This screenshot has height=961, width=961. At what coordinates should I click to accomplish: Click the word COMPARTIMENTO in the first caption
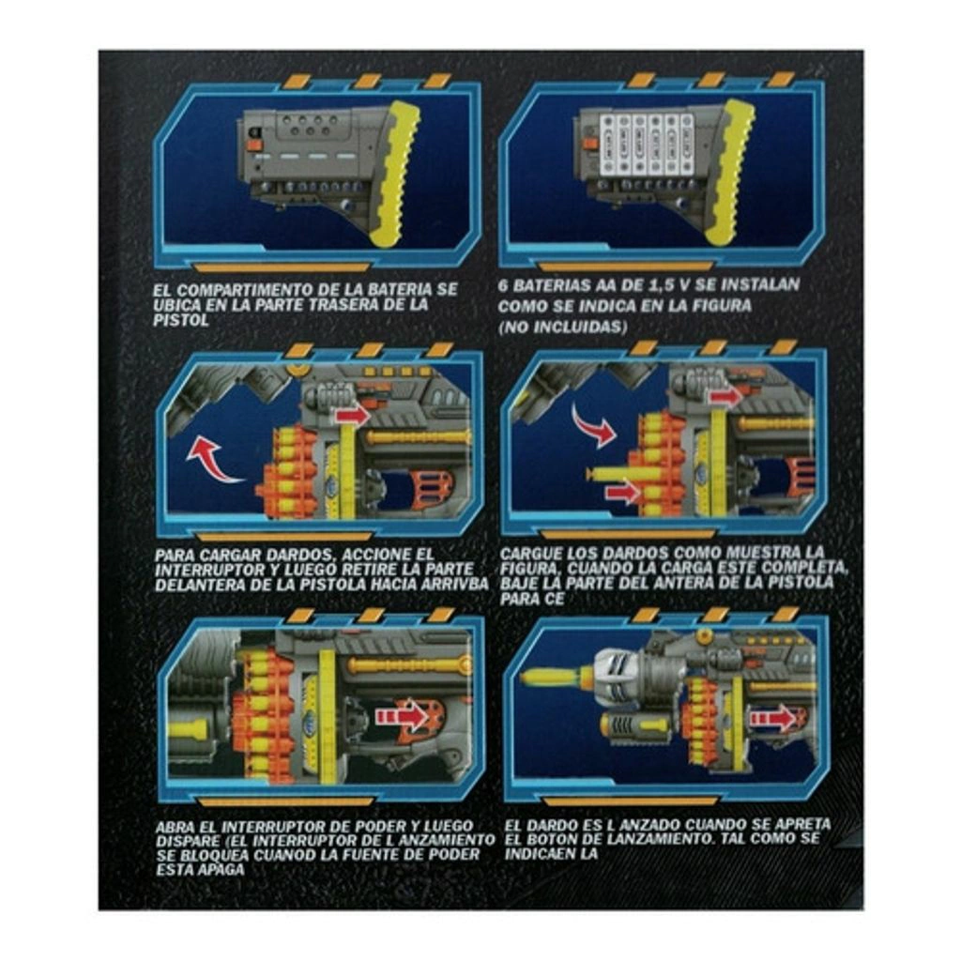point(253,290)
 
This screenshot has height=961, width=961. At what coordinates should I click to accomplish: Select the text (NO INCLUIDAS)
point(563,327)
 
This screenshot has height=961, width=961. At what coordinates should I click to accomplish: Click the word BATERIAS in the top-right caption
point(552,285)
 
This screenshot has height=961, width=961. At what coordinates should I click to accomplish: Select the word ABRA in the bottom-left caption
point(174,827)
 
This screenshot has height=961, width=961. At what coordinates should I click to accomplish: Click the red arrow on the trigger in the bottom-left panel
point(402,715)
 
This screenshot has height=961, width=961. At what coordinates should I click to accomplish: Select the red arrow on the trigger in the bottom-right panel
point(773,718)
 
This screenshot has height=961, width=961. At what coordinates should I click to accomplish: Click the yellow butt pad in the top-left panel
point(395,174)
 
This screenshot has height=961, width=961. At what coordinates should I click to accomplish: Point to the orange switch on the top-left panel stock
point(253,145)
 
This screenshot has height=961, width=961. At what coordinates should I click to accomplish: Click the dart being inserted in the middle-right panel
point(614,474)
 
